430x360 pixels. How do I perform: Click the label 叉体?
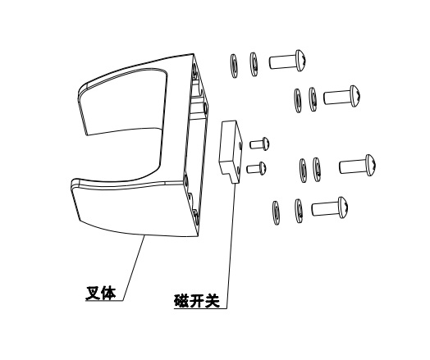(101, 293)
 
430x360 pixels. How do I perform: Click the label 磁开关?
(197, 301)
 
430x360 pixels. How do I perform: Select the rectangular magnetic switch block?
(231, 151)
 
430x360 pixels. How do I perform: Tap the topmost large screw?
(287, 62)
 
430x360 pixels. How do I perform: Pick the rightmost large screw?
(358, 165)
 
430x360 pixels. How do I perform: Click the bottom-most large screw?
(330, 207)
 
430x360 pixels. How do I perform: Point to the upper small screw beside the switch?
(259, 144)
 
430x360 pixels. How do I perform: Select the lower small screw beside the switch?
(256, 168)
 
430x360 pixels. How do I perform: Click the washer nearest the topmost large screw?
(254, 64)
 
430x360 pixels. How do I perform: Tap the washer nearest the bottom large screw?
(299, 211)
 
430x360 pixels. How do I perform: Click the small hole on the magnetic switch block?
(240, 145)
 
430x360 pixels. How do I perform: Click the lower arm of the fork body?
(131, 208)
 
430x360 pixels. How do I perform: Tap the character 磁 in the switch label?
(181, 301)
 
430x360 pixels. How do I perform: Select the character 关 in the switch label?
(213, 301)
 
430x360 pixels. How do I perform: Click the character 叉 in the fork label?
(94, 293)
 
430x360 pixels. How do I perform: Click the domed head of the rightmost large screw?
(371, 165)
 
